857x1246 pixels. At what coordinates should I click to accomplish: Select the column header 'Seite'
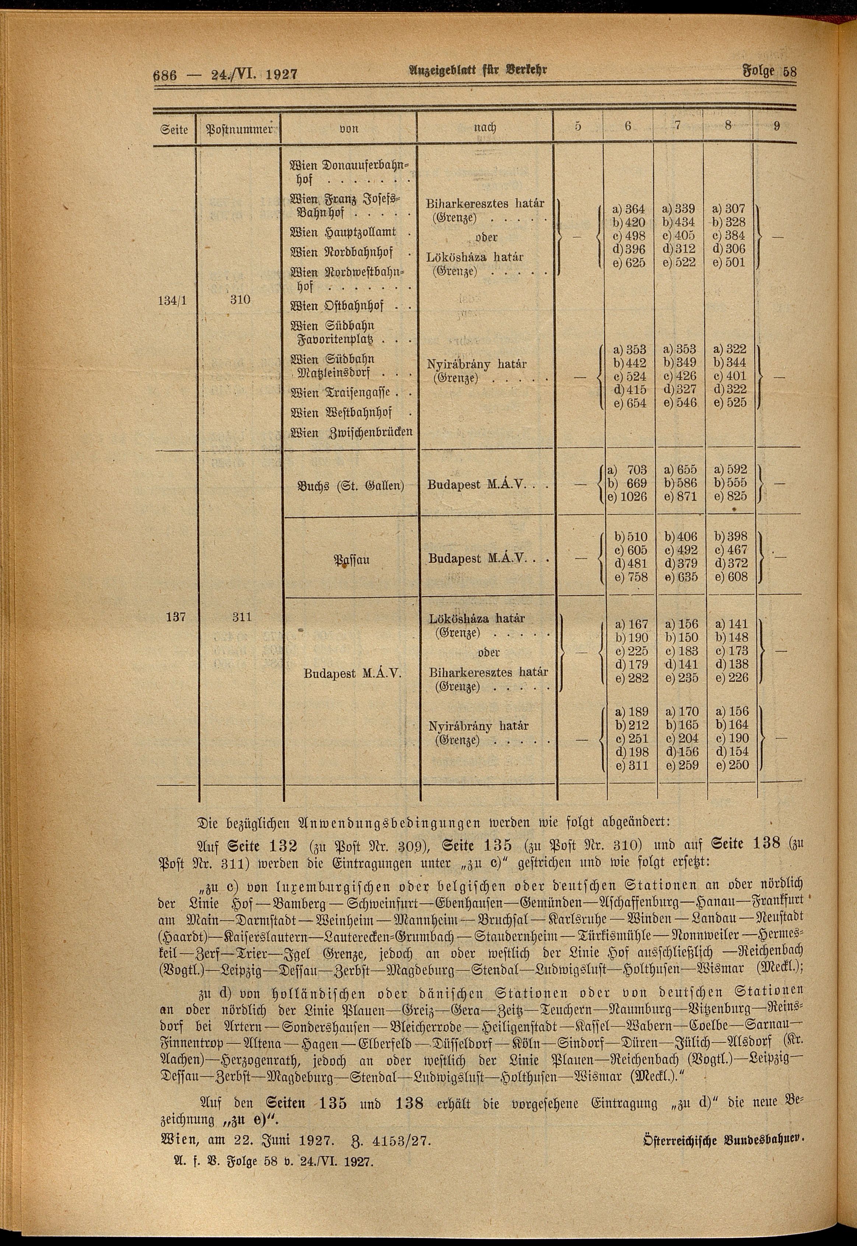click(174, 129)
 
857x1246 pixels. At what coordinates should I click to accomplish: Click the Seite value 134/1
click(173, 300)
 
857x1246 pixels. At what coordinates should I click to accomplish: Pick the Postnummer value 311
click(242, 617)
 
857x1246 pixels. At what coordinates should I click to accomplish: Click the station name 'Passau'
click(352, 561)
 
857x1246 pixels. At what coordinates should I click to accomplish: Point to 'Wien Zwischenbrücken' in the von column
click(351, 432)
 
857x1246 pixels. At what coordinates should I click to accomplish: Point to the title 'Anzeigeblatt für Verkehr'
click(472, 70)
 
